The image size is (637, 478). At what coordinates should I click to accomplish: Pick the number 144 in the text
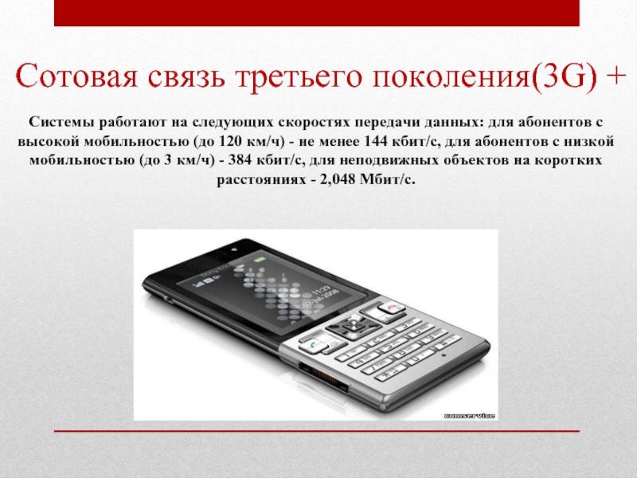tap(376, 141)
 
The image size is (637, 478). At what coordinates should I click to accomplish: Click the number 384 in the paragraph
tap(239, 160)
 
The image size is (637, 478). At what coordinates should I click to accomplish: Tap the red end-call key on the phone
tap(391, 308)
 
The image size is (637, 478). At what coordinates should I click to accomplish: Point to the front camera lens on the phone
tap(233, 249)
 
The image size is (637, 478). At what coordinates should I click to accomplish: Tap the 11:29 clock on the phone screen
tap(321, 291)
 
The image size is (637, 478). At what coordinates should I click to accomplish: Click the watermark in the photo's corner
tap(469, 415)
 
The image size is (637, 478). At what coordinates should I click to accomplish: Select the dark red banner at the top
tap(317, 13)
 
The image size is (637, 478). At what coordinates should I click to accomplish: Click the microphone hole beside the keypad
tap(444, 355)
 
